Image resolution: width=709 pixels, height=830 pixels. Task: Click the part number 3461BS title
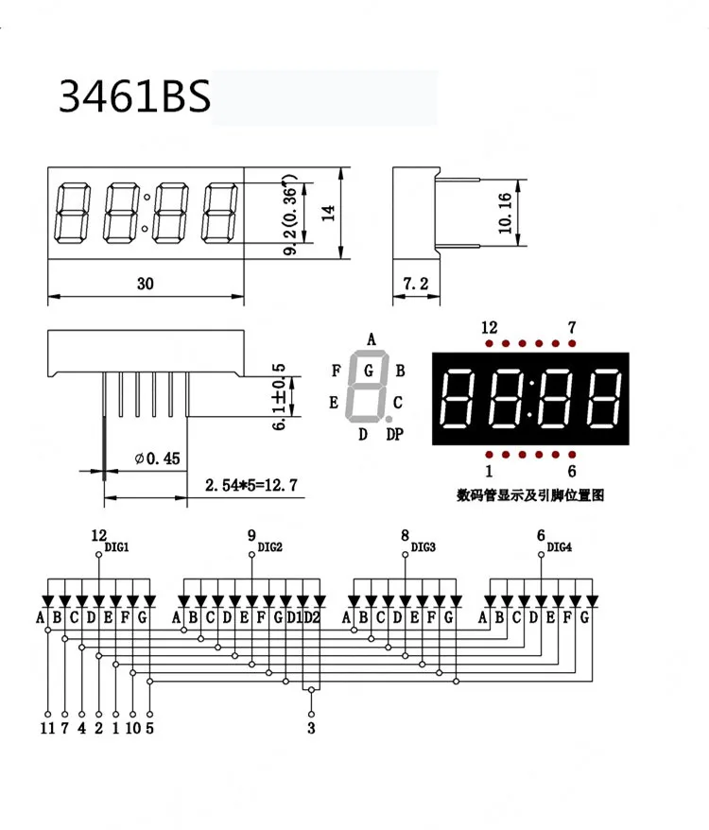click(x=133, y=96)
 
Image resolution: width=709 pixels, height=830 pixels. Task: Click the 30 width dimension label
click(x=145, y=283)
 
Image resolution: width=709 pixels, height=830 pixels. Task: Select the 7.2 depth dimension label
click(x=416, y=283)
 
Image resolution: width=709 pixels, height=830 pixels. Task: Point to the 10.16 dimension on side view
click(x=504, y=213)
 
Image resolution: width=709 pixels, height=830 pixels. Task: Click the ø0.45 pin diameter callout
click(x=157, y=458)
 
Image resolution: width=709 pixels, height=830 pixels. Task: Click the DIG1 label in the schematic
click(x=116, y=547)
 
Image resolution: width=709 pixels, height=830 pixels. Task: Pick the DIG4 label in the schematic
click(x=560, y=547)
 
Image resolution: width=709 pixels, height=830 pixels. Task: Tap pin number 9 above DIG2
click(x=251, y=535)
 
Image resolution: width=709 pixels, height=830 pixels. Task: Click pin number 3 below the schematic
click(x=311, y=728)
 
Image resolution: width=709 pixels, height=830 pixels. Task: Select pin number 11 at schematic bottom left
click(x=45, y=728)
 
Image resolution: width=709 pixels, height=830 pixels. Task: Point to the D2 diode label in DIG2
click(x=313, y=618)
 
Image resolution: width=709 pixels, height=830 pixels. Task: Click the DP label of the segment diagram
click(x=394, y=434)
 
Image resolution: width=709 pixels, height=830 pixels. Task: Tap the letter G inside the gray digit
click(x=368, y=369)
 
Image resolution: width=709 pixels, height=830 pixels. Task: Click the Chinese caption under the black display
click(x=529, y=494)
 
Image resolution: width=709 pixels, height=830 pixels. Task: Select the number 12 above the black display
click(x=489, y=327)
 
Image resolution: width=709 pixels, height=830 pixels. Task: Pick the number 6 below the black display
click(x=572, y=472)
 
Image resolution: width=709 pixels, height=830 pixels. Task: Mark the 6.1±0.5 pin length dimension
click(x=278, y=396)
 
